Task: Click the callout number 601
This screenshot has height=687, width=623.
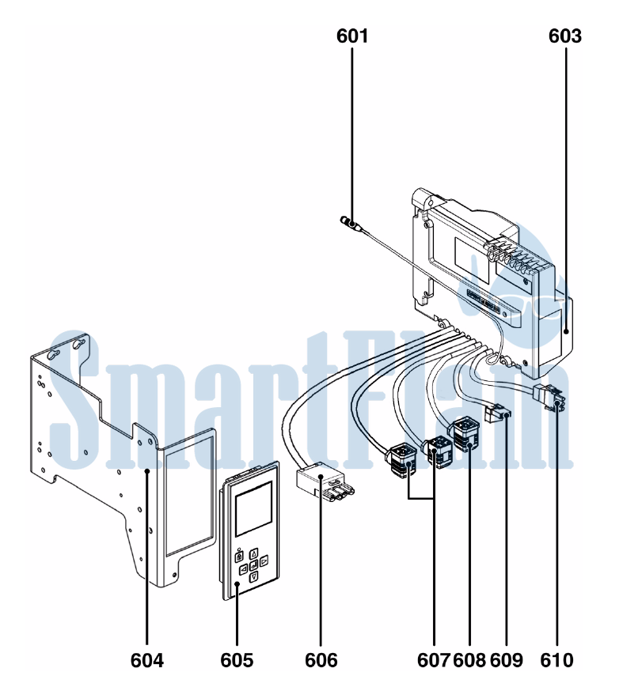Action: point(352,36)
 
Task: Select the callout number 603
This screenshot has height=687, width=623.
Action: point(565,36)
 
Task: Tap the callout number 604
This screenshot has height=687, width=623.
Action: point(147,660)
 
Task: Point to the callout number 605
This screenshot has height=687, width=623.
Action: point(237,660)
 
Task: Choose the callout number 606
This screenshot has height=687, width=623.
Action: point(321,660)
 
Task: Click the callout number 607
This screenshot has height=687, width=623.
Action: point(434,660)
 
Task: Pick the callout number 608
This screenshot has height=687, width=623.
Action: point(469,660)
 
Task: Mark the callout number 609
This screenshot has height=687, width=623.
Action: point(507,660)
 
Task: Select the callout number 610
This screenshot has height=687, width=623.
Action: point(557,660)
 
